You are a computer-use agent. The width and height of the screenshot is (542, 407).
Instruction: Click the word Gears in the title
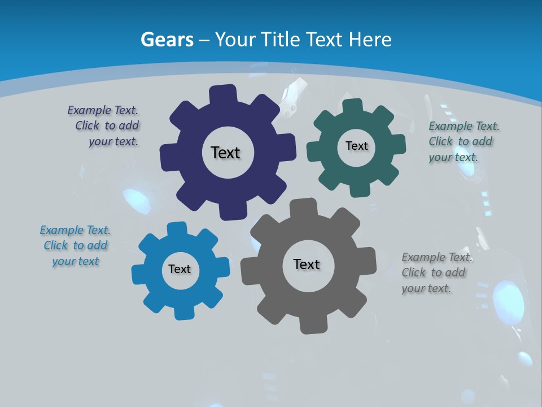[x=167, y=40]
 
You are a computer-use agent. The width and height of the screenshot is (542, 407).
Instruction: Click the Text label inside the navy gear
[x=225, y=153]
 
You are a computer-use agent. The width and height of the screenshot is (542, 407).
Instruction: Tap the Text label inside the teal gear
[x=356, y=146]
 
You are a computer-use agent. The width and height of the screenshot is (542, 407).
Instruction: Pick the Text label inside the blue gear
[x=180, y=269]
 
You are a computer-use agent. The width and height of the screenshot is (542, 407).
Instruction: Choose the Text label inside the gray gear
[x=307, y=264]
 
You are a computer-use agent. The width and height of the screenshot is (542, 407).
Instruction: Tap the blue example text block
[x=76, y=246]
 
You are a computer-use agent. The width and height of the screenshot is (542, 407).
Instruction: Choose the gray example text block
[x=436, y=273]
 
